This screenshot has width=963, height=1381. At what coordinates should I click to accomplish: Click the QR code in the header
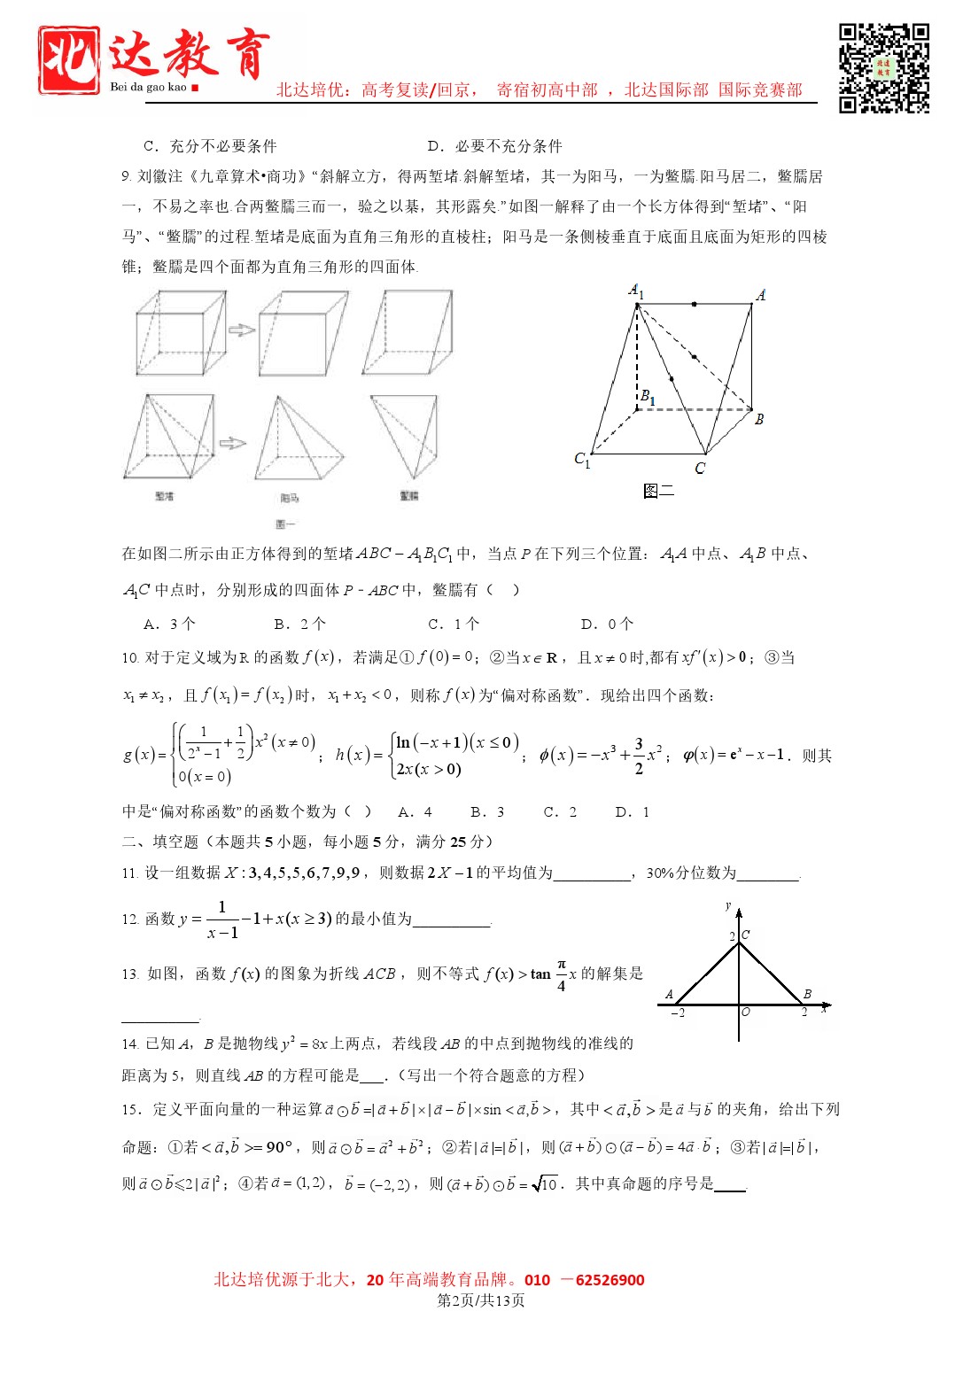(x=883, y=68)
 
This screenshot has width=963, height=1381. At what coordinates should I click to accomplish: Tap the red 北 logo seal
(x=68, y=60)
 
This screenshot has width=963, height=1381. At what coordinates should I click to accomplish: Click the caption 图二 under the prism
(x=658, y=491)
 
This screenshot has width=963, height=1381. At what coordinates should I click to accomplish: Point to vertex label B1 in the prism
(x=648, y=397)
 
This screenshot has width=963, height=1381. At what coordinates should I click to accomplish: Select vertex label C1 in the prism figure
(x=582, y=459)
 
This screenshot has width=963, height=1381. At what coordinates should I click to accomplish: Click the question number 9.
(x=127, y=177)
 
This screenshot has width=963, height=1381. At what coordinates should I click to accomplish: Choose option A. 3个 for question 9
(x=169, y=625)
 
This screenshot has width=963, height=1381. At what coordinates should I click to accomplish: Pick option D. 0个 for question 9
(x=607, y=625)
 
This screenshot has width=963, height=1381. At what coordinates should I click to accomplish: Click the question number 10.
(x=130, y=658)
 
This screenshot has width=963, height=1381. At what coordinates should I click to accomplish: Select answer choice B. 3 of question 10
(x=487, y=812)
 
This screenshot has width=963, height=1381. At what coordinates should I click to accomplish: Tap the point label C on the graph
(x=745, y=935)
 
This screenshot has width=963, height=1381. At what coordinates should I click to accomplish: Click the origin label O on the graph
(x=746, y=1012)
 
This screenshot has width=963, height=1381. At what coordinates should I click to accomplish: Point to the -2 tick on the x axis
(x=678, y=1012)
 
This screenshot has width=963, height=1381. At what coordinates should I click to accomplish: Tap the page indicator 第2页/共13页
(x=481, y=1300)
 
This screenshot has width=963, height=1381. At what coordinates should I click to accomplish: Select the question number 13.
(x=130, y=974)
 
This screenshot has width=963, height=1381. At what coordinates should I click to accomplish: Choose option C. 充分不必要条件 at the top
(x=210, y=146)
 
